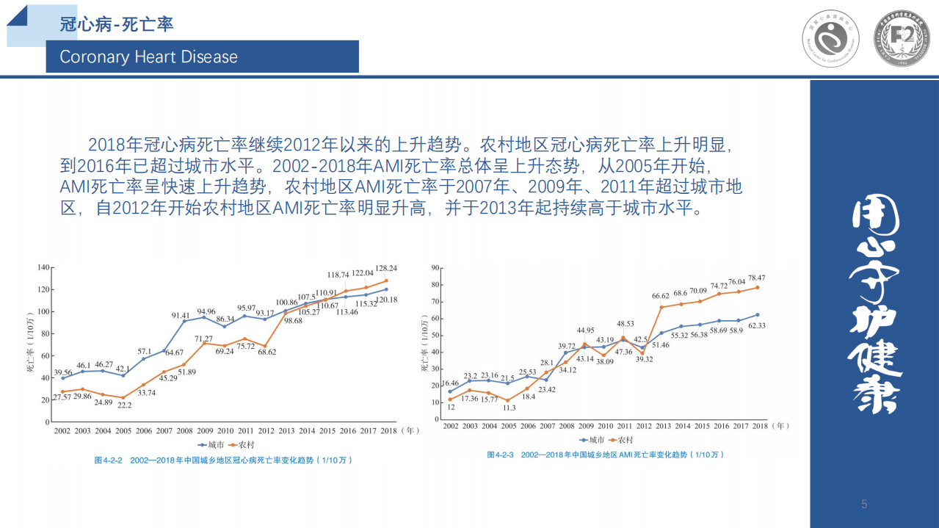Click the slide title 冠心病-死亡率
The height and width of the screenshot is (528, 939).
(x=117, y=24)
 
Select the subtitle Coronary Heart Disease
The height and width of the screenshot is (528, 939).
(x=148, y=57)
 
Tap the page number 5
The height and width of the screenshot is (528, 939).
(x=864, y=504)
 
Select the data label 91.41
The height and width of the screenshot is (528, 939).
(x=181, y=316)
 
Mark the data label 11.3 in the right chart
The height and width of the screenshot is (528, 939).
(x=508, y=408)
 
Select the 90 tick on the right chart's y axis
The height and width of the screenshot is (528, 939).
(x=434, y=269)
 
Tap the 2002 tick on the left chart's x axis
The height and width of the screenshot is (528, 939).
(x=62, y=431)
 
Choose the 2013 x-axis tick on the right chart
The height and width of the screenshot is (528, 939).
(x=663, y=426)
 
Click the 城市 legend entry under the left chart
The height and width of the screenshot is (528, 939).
(x=211, y=445)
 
